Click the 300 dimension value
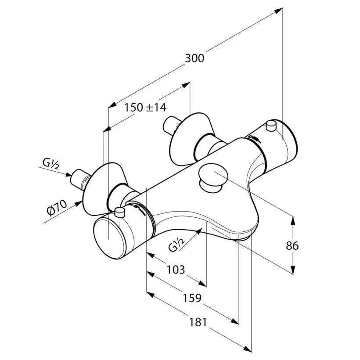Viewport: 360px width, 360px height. [194, 58]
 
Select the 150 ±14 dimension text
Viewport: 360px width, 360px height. [145, 107]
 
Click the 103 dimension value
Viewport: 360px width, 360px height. [176, 269]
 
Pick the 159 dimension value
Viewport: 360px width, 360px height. [192, 298]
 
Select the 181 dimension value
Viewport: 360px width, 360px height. [198, 322]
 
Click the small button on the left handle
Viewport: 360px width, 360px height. [120, 213]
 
